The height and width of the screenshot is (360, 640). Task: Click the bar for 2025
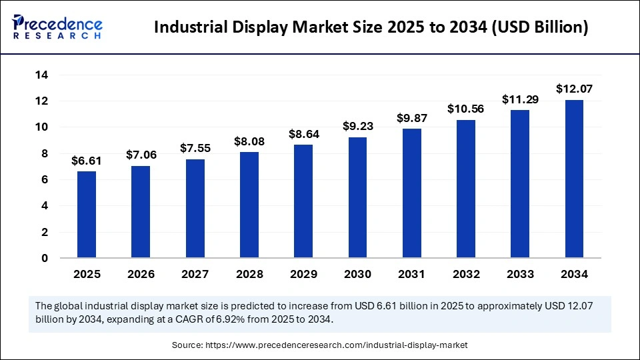[87, 214]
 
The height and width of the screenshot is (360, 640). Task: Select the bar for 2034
[574, 179]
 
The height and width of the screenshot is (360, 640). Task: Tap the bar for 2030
[357, 197]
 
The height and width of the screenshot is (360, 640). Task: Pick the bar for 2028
[249, 205]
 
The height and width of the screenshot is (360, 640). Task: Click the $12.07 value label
[574, 89]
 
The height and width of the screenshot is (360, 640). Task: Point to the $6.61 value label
[87, 161]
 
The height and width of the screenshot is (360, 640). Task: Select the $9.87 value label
[411, 118]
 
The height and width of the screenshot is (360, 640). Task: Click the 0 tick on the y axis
[45, 258]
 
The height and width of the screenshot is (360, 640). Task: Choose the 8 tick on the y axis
[45, 153]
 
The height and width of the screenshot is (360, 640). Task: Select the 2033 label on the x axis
[520, 274]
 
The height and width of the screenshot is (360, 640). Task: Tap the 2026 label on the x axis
[141, 274]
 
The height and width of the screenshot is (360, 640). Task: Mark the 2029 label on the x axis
[303, 274]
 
